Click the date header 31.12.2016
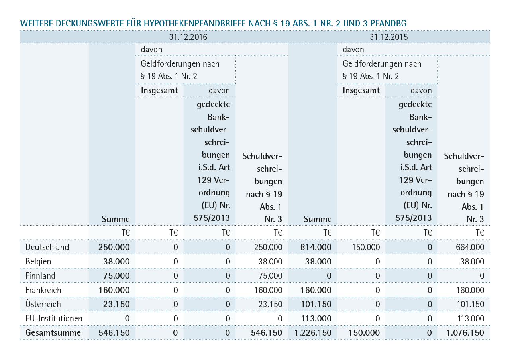(188, 37)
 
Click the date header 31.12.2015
(388, 37)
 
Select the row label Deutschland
(47, 247)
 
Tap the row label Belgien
(38, 262)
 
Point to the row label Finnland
(40, 276)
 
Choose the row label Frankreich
(43, 290)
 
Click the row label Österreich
(43, 304)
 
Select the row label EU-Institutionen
(54, 318)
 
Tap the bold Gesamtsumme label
(53, 332)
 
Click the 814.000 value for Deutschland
(316, 247)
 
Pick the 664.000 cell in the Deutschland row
(470, 247)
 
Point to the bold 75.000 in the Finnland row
(116, 276)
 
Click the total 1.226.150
(313, 332)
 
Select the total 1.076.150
(465, 332)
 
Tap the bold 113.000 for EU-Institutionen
(316, 318)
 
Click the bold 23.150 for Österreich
(116, 304)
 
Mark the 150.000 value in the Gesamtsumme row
(364, 332)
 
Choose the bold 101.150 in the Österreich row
(316, 304)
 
